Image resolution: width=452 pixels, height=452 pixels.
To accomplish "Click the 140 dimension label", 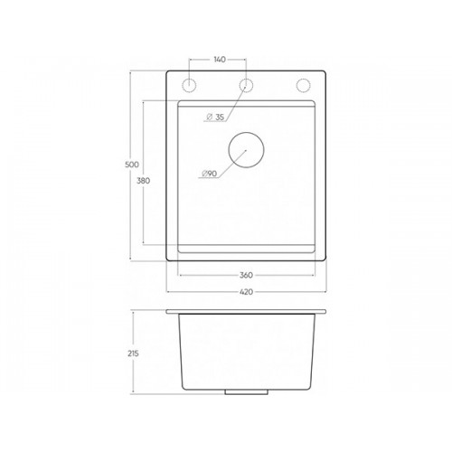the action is (220, 60).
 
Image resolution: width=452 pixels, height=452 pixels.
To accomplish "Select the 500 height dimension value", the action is (132, 165).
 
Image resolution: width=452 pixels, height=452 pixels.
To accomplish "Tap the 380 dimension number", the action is (143, 181).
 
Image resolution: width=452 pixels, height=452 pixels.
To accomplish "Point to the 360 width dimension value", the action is (246, 275).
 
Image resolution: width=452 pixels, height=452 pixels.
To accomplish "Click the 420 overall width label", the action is (246, 292).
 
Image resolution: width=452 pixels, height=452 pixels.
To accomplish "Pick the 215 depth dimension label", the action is (133, 353).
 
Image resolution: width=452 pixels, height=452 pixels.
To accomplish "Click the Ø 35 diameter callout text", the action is (215, 117).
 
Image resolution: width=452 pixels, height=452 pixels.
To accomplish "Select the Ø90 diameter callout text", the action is (210, 174).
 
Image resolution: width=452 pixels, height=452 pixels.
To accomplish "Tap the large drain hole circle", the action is (246, 132).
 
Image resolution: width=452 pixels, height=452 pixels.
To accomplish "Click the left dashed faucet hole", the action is (189, 79).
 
